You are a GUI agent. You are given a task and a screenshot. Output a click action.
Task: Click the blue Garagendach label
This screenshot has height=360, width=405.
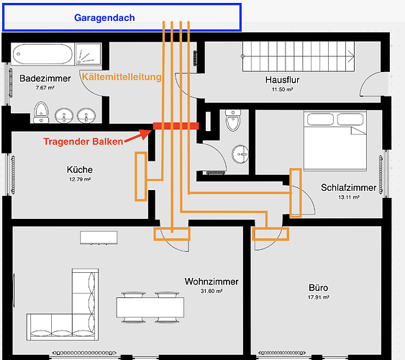(x=104, y=17)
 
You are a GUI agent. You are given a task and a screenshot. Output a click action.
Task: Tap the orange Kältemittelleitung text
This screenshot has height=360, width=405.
(x=122, y=77)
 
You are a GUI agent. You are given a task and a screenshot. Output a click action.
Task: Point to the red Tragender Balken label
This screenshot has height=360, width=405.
(x=83, y=141)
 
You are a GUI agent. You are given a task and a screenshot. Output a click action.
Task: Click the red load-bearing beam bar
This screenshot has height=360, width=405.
(x=176, y=126)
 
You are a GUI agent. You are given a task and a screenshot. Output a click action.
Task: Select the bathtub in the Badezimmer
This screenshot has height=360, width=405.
(x=43, y=54)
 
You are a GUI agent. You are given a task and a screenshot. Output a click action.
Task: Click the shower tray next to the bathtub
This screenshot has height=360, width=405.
(x=88, y=54)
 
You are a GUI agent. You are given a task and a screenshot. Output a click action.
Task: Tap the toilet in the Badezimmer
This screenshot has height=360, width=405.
(x=41, y=112)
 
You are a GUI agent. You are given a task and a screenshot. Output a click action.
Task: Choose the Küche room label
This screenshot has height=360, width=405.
(x=80, y=169)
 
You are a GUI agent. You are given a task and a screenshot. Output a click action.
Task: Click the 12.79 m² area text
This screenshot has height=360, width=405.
(x=80, y=179)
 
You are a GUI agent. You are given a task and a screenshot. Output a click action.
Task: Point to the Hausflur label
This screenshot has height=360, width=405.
(x=282, y=80)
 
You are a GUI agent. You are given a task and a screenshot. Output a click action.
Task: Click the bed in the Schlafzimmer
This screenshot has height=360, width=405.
(x=335, y=141)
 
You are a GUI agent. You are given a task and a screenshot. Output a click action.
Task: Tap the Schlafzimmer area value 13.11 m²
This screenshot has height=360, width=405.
(x=349, y=197)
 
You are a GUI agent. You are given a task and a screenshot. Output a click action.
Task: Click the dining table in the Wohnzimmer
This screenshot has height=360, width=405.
(x=150, y=307)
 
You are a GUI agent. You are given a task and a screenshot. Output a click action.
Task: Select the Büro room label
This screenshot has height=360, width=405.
(x=318, y=287)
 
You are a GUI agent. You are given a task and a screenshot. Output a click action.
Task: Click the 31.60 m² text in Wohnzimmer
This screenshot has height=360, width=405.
(x=211, y=291)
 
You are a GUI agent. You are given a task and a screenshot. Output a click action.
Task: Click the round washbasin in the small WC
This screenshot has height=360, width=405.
(x=240, y=154)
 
